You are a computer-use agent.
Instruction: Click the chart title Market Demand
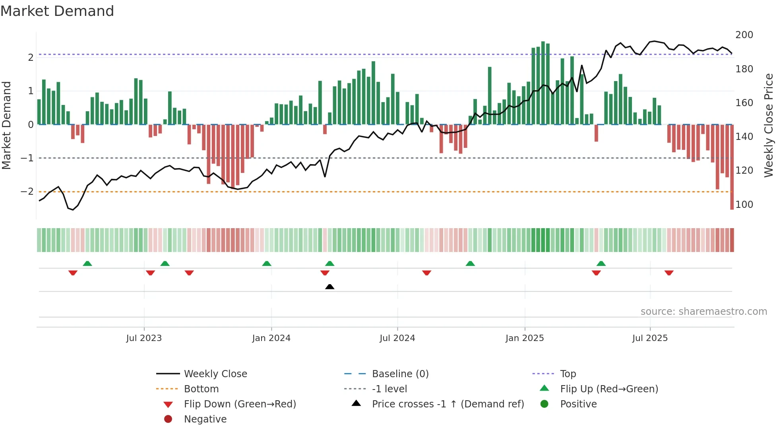57,11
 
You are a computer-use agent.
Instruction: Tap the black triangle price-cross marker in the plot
329,287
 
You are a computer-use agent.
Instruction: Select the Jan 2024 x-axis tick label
271,338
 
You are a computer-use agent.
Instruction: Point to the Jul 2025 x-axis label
650,338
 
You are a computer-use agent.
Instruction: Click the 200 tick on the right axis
744,35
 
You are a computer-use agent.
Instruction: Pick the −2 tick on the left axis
27,192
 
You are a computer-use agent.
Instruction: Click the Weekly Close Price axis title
769,125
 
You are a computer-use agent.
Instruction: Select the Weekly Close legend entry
215,374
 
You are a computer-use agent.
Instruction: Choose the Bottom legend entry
201,389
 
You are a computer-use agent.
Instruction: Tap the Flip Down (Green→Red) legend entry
240,404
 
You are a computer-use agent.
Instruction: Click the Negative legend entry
205,419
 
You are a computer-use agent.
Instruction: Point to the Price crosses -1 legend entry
448,404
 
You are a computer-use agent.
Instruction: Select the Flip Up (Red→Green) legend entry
609,389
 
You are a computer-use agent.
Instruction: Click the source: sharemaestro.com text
703,312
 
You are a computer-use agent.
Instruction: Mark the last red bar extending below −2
732,167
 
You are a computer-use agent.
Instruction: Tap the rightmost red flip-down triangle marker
669,273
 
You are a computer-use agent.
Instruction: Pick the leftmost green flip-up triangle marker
87,264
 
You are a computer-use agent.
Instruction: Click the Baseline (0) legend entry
400,374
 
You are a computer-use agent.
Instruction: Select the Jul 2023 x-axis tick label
144,338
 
